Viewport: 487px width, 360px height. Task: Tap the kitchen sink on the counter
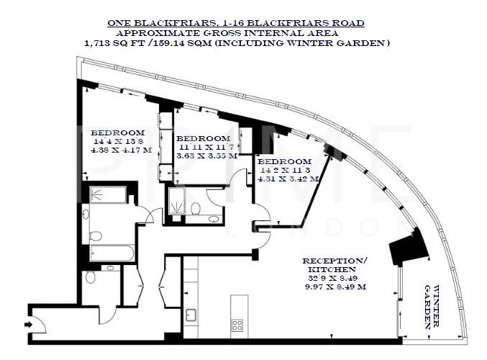coord(191,315)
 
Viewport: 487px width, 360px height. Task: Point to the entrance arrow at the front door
coord(28,325)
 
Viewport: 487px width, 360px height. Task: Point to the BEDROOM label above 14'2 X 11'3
coord(285,161)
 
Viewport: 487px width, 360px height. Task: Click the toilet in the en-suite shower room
coord(195,208)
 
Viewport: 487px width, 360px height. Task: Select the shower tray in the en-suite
coord(176,202)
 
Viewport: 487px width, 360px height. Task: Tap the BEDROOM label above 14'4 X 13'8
coord(117,132)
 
